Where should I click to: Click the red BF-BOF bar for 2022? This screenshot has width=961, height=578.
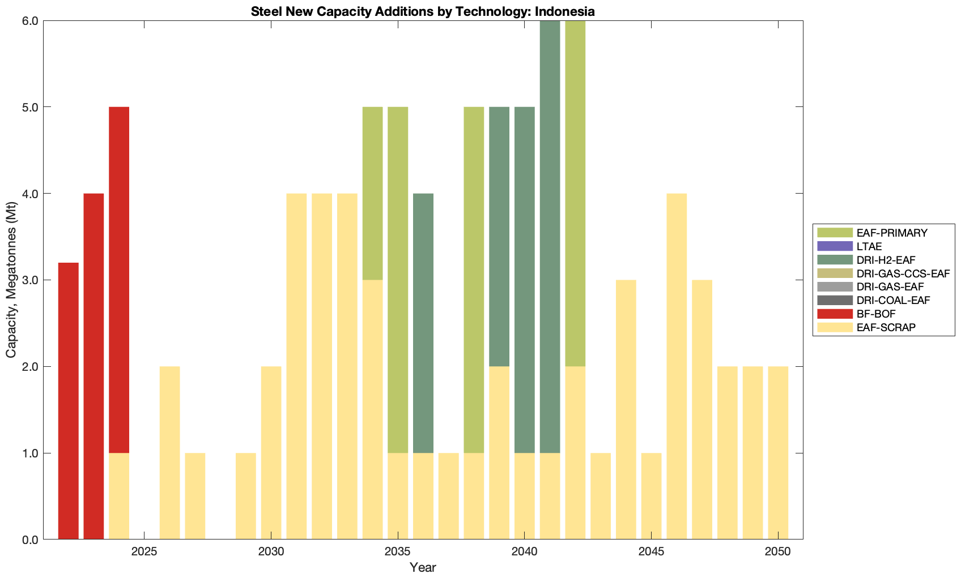69,401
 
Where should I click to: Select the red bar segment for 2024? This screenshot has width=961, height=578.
119,280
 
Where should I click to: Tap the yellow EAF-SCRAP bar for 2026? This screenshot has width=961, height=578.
169,453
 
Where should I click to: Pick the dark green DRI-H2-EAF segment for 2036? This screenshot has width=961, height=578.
423,323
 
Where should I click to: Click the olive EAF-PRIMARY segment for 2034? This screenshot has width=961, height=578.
372,193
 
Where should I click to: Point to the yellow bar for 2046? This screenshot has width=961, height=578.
677,366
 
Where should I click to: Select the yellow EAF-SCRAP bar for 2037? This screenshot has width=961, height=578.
448,496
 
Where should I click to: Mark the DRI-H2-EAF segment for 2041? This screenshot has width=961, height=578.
550,237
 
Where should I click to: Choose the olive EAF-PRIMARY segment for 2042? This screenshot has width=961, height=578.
575,193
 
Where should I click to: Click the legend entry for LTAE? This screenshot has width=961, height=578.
869,246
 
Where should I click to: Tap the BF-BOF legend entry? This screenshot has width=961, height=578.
876,314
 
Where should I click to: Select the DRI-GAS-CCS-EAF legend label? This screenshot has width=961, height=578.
903,273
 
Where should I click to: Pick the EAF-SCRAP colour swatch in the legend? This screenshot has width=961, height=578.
834,327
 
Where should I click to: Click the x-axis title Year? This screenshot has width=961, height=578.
423,567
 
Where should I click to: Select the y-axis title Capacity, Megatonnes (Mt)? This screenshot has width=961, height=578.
11,280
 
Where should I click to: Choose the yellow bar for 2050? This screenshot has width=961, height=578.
778,453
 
